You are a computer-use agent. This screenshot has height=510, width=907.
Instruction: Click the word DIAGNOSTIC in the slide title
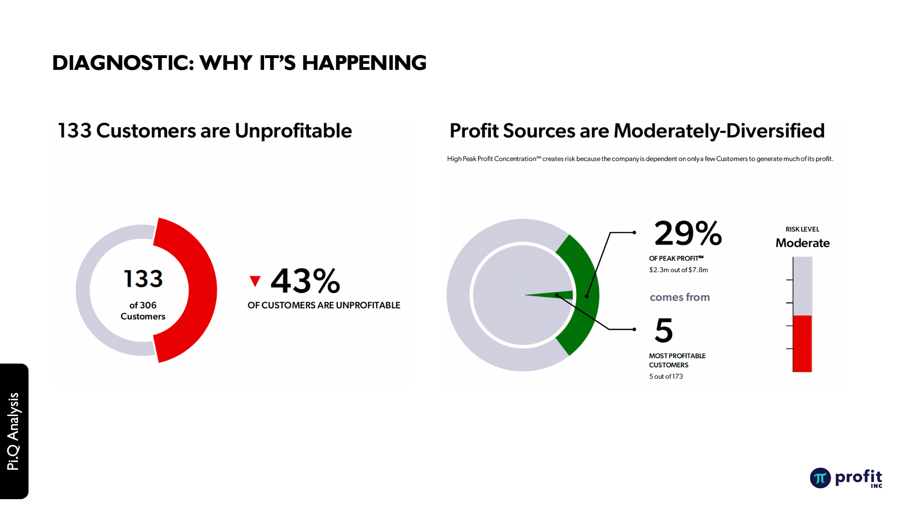click(123, 63)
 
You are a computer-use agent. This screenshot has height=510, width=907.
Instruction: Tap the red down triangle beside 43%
click(255, 281)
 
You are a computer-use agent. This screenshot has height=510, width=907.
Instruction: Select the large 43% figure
click(305, 280)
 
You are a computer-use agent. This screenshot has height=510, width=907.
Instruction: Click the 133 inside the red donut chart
click(143, 279)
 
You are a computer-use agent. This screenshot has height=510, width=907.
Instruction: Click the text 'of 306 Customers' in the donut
click(143, 311)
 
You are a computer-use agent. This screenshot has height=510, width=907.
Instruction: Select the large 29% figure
click(688, 233)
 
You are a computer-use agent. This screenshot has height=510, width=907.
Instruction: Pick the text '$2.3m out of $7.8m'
click(678, 270)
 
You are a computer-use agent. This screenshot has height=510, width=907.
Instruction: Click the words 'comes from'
click(680, 297)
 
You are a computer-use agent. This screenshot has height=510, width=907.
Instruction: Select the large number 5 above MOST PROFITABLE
click(664, 330)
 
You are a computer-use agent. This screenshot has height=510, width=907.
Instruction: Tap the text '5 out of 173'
click(666, 376)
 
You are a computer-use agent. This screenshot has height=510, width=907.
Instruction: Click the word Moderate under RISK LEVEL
click(803, 243)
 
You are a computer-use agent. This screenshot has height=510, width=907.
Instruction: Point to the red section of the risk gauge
click(802, 344)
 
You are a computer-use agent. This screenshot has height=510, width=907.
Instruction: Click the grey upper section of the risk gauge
click(802, 286)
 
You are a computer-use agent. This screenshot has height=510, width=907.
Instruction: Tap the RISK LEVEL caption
click(802, 229)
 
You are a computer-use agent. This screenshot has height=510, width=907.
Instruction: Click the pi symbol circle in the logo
click(820, 478)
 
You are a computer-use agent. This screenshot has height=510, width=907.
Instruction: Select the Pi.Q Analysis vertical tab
click(14, 431)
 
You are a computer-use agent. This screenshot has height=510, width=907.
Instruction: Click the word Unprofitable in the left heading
click(293, 131)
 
